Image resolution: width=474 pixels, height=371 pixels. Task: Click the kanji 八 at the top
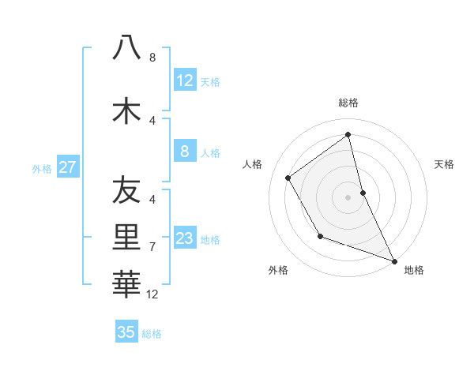click(x=126, y=48)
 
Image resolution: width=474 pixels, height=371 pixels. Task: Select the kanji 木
click(x=126, y=111)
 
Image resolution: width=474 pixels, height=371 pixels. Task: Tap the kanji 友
click(x=126, y=190)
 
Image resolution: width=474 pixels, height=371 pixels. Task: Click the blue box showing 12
click(x=184, y=81)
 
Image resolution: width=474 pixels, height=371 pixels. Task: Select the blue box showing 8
click(x=184, y=152)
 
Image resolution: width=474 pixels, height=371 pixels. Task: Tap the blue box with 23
click(x=184, y=238)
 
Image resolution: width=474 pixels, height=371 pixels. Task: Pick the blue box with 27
click(x=67, y=167)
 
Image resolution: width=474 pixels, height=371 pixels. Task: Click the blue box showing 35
click(x=126, y=332)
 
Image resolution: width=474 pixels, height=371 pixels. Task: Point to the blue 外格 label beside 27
click(x=42, y=168)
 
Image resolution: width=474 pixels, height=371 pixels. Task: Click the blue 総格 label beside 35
click(x=152, y=334)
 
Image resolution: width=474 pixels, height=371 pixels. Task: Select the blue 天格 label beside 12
click(x=210, y=82)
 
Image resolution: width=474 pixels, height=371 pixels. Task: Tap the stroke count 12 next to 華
click(x=152, y=294)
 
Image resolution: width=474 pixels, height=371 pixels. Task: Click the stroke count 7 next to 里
click(x=152, y=247)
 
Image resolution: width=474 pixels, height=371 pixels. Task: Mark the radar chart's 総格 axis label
click(x=348, y=103)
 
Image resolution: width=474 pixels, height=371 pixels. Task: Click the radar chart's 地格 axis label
click(x=414, y=270)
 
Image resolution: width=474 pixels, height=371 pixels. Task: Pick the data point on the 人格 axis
click(x=288, y=178)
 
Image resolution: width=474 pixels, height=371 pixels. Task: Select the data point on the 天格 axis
click(x=363, y=192)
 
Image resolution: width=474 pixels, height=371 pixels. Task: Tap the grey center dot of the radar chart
click(x=348, y=197)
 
